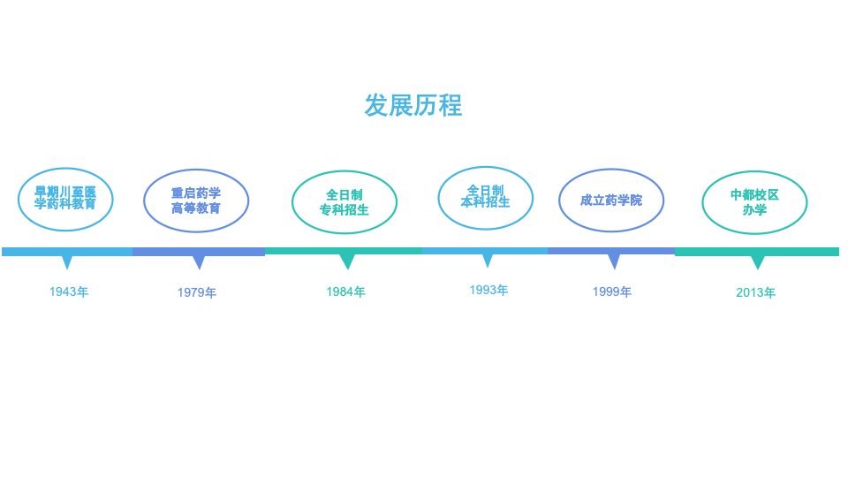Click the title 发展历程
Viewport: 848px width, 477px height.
click(413, 105)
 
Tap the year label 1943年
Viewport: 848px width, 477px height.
click(68, 291)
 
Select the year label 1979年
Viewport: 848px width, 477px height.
click(196, 292)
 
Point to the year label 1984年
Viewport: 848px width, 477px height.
click(345, 291)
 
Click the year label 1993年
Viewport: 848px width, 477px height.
click(488, 290)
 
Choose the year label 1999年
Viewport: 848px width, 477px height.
click(611, 291)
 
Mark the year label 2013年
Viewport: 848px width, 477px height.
click(755, 292)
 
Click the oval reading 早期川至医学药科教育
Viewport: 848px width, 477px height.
click(65, 198)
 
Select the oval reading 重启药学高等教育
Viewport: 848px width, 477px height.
click(196, 201)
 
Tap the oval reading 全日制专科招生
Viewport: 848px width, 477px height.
click(344, 202)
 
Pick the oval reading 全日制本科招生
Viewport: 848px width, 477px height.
click(485, 197)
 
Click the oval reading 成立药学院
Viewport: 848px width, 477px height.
click(611, 201)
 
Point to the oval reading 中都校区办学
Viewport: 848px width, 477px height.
click(754, 202)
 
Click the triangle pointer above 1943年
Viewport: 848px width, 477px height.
click(67, 261)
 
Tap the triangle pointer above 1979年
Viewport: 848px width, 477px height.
click(199, 261)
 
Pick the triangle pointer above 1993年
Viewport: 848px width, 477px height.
click(487, 261)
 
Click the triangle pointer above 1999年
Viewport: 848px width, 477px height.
click(613, 261)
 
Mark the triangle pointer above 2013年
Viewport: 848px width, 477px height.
click(757, 261)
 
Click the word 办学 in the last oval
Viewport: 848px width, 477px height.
click(754, 210)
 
